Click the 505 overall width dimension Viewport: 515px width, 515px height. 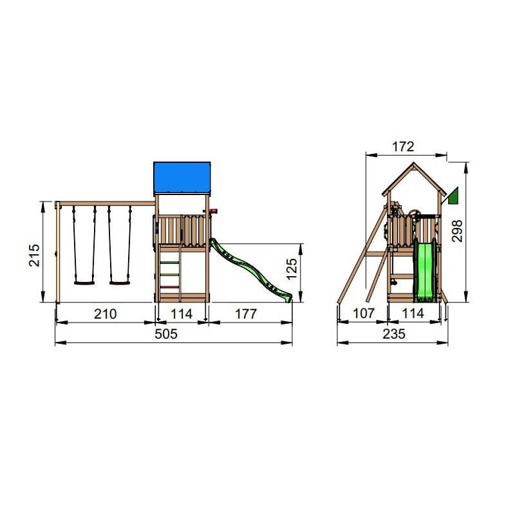[x=166, y=333]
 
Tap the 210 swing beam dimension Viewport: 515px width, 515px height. [x=105, y=314]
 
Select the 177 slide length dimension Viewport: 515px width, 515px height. [x=246, y=314]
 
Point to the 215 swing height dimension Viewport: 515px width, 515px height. [x=34, y=255]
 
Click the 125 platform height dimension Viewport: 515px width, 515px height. [x=292, y=269]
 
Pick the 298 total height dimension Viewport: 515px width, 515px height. [x=457, y=231]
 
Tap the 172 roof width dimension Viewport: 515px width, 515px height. [x=403, y=147]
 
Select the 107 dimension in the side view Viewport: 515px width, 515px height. [x=364, y=314]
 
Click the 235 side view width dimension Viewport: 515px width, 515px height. [x=394, y=334]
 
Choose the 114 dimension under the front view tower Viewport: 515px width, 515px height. [x=182, y=314]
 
